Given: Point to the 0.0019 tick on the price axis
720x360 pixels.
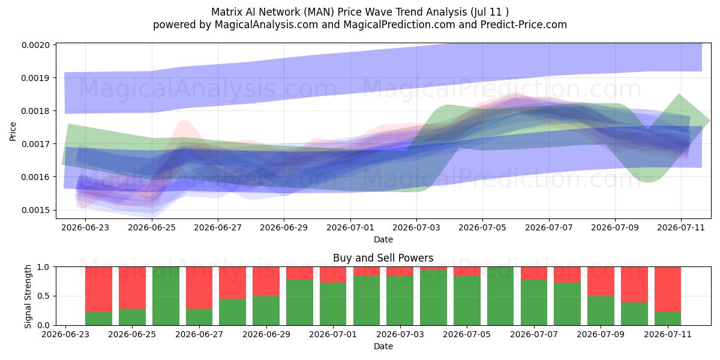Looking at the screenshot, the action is (35, 78).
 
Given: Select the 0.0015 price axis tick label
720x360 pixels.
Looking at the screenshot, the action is (35, 210).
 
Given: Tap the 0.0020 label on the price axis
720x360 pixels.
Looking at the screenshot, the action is (35, 45).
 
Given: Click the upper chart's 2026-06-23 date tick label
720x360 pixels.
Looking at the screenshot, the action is (85, 227).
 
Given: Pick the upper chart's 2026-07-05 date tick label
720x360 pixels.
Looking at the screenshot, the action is (482, 227).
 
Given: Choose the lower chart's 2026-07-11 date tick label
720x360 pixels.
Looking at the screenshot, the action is (668, 334).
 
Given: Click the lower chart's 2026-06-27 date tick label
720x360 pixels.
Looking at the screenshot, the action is (199, 334).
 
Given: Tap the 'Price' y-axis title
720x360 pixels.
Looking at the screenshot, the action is (13, 131).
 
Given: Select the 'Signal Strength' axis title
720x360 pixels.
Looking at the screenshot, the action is (28, 296).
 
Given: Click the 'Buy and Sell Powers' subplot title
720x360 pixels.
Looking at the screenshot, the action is (383, 258).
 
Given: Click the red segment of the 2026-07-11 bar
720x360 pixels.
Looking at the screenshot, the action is (668, 289).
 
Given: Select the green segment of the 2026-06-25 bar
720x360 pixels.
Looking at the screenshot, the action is (132, 317).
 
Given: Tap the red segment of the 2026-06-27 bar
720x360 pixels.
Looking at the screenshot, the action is (199, 288).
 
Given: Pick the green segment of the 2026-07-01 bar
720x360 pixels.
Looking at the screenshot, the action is (333, 304).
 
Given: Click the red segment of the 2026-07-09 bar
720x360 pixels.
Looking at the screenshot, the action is (601, 281).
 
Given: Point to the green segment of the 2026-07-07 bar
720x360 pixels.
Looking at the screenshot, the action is (534, 302).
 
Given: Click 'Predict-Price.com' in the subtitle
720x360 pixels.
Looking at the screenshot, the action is (524, 25).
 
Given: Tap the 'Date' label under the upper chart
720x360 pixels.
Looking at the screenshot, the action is (383, 239).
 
